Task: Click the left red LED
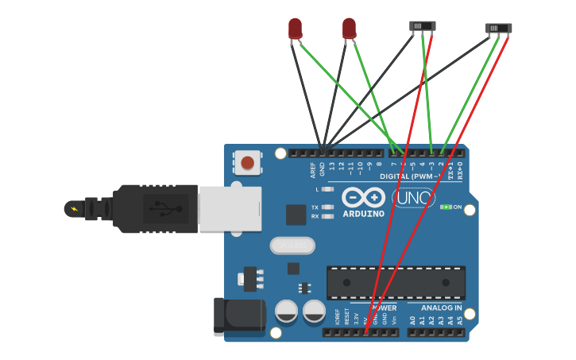click(x=296, y=29)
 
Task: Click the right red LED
click(x=349, y=29)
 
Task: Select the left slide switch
click(x=423, y=25)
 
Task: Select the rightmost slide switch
click(x=499, y=29)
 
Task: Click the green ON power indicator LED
click(x=446, y=207)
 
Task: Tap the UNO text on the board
click(x=413, y=197)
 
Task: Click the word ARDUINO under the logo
click(x=364, y=214)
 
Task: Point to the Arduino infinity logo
click(x=364, y=197)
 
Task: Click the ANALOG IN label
click(x=441, y=308)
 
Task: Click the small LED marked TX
click(x=327, y=207)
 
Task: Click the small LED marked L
click(x=327, y=189)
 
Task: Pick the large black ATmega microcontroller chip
click(x=396, y=283)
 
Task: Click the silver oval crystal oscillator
click(x=292, y=246)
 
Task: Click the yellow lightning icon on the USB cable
click(x=75, y=209)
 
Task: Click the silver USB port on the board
click(x=230, y=209)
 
